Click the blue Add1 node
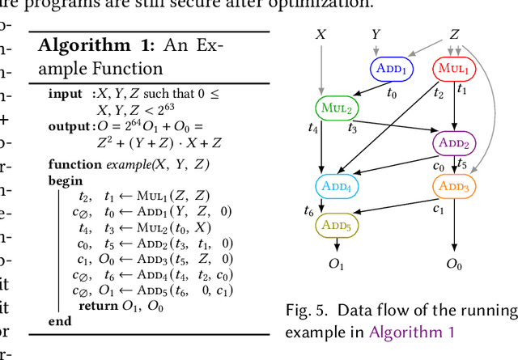[393, 70]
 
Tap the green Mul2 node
[335, 107]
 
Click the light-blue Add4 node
[336, 186]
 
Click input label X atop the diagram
[321, 35]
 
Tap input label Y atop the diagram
[376, 34]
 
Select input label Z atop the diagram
[455, 35]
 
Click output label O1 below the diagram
[336, 265]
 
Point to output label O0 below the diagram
[455, 265]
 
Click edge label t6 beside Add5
[308, 211]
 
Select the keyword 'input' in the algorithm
[65, 95]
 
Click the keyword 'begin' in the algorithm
[65, 180]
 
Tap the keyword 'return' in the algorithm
[98, 306]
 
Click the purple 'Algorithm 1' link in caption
[413, 332]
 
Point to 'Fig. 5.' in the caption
[308, 311]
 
